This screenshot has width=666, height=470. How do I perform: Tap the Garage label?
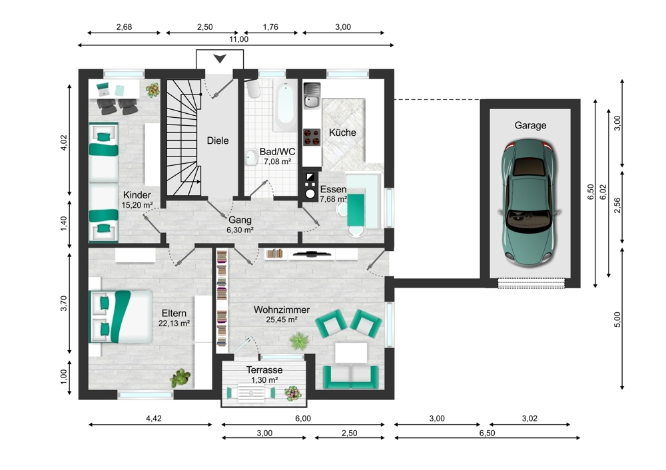click(530, 125)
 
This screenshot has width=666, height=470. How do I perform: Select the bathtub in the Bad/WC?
click(285, 107)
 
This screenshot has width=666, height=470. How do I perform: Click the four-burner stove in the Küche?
click(312, 136)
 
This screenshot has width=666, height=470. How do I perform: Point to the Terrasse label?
click(264, 370)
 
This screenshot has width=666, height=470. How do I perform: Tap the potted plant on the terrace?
click(292, 393)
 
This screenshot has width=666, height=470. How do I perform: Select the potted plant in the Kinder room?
click(153, 88)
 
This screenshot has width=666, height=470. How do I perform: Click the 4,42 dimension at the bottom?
click(153, 419)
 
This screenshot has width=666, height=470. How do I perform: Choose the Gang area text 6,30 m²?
click(240, 230)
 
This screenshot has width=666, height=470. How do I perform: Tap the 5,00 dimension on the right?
click(617, 320)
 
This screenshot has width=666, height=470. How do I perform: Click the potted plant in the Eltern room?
click(180, 378)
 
